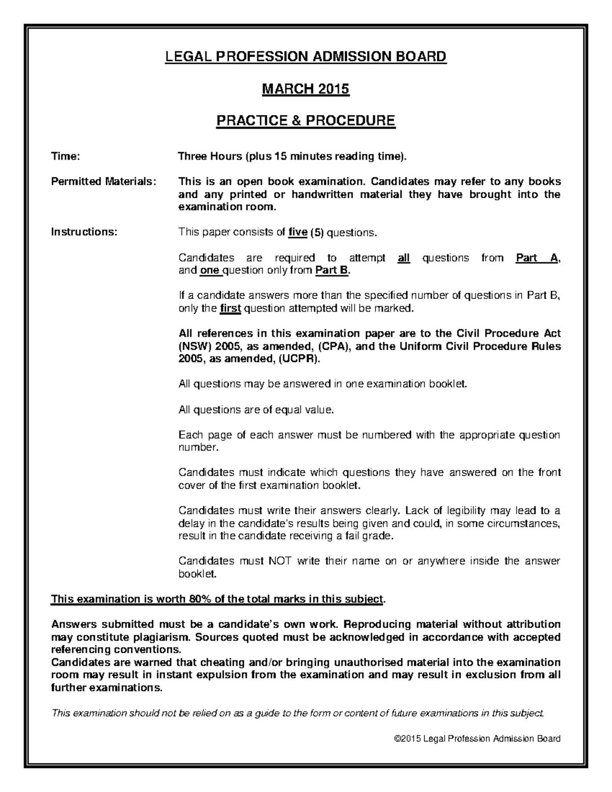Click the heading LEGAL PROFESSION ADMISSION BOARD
(x=305, y=56)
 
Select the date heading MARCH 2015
(x=305, y=89)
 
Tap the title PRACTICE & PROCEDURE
(x=305, y=121)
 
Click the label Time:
(x=65, y=157)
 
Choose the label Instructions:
(x=84, y=233)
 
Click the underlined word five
(x=298, y=233)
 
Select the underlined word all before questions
(x=403, y=258)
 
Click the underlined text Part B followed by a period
(x=332, y=270)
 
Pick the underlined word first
(x=230, y=309)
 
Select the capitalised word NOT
(x=280, y=561)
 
